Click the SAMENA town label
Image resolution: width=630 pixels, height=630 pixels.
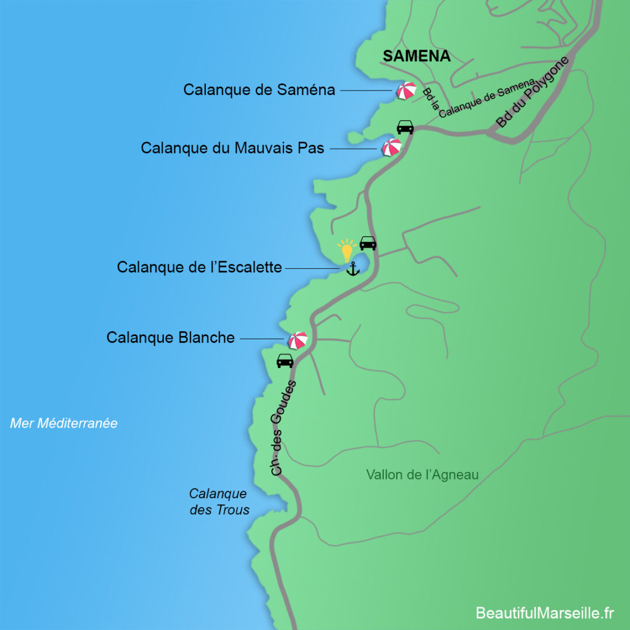point(416,56)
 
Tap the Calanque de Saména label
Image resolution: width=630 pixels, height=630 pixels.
point(259,90)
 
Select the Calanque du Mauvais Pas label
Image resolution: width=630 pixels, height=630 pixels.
point(232,148)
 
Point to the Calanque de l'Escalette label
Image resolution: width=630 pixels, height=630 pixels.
point(199,267)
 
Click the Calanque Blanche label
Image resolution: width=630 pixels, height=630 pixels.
point(170,337)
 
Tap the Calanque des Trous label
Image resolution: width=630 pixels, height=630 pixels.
point(219,502)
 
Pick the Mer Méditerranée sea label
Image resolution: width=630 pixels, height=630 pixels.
point(64,423)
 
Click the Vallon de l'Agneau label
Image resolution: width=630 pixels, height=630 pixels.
point(422,475)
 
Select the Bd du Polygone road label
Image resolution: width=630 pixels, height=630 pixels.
point(533,92)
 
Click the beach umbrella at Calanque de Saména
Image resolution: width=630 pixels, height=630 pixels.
point(406,90)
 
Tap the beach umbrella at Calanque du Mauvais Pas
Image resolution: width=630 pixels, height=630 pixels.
point(391,147)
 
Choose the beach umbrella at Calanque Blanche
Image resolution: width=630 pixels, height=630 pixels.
point(297,339)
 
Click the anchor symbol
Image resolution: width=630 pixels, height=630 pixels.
point(352,269)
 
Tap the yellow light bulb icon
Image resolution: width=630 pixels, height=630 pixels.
point(347,250)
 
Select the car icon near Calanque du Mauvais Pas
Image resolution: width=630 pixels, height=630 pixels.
point(405,127)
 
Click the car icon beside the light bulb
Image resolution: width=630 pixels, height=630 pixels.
point(367,243)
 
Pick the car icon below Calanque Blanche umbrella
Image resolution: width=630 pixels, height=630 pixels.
point(285,361)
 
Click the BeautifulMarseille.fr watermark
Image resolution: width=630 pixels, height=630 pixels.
point(545,613)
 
